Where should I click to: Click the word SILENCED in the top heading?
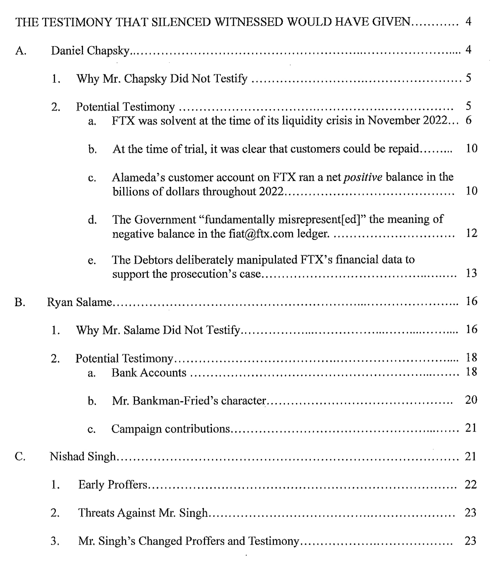click(x=182, y=22)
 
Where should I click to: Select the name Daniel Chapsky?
click(x=90, y=51)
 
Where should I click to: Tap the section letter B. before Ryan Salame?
click(x=20, y=302)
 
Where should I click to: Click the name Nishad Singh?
click(x=82, y=456)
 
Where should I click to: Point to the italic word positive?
click(x=363, y=177)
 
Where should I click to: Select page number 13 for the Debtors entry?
click(x=471, y=273)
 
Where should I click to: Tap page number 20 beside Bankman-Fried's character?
click(x=471, y=400)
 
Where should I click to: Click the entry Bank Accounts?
click(x=149, y=373)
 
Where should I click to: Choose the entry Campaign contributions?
click(x=170, y=429)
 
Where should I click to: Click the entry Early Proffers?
click(x=113, y=485)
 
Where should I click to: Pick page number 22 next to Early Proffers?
click(x=471, y=485)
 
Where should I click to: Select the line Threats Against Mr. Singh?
click(x=143, y=513)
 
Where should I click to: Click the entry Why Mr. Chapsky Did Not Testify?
click(x=162, y=79)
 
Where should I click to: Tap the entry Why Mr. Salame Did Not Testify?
click(x=158, y=330)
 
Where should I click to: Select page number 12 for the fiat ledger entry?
click(x=471, y=233)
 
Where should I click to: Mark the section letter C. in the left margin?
click(x=20, y=456)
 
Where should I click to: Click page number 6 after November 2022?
click(x=469, y=121)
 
